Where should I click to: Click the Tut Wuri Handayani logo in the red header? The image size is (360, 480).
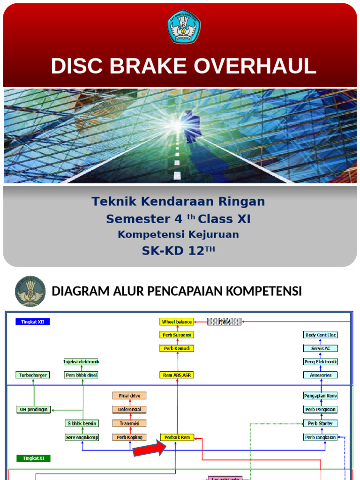pyautogui.click(x=184, y=27)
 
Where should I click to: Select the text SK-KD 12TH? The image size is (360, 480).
pyautogui.click(x=179, y=251)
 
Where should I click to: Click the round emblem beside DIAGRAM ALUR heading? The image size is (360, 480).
pyautogui.click(x=30, y=291)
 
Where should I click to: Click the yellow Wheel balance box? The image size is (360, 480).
pyautogui.click(x=177, y=322)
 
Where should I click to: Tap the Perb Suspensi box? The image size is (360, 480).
pyautogui.click(x=177, y=335)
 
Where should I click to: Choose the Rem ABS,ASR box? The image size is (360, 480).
pyautogui.click(x=177, y=375)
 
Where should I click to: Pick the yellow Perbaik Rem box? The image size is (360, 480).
pyautogui.click(x=177, y=437)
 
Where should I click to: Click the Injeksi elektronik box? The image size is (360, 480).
pyautogui.click(x=82, y=362)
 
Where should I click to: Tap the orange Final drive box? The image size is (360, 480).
pyautogui.click(x=129, y=396)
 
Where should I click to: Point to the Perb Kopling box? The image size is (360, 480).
pyautogui.click(x=129, y=437)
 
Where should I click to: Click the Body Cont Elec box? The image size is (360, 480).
pyautogui.click(x=321, y=335)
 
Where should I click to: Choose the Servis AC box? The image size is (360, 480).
pyautogui.click(x=321, y=348)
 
